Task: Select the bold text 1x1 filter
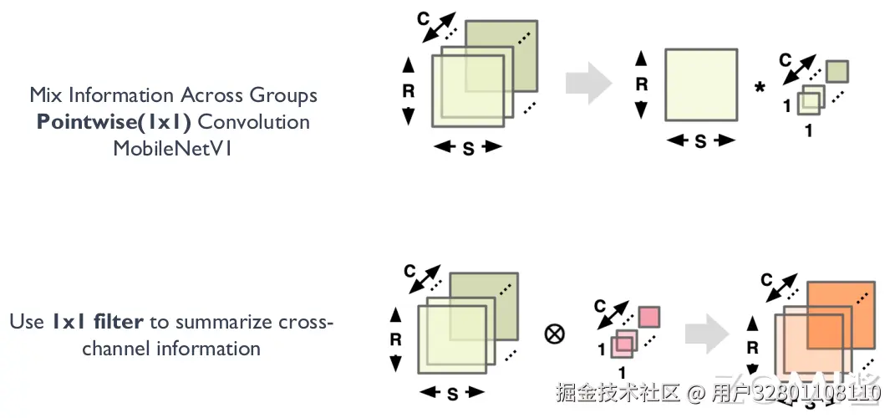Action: point(98,320)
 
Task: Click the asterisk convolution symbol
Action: point(760,88)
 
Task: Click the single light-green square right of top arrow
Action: point(700,84)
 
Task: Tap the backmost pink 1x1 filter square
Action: point(649,318)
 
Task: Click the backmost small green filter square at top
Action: point(837,70)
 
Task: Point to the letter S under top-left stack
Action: point(468,148)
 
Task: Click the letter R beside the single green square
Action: point(642,84)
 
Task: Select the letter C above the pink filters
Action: point(598,307)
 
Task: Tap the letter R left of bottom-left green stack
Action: point(396,340)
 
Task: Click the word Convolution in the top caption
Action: point(253,122)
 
